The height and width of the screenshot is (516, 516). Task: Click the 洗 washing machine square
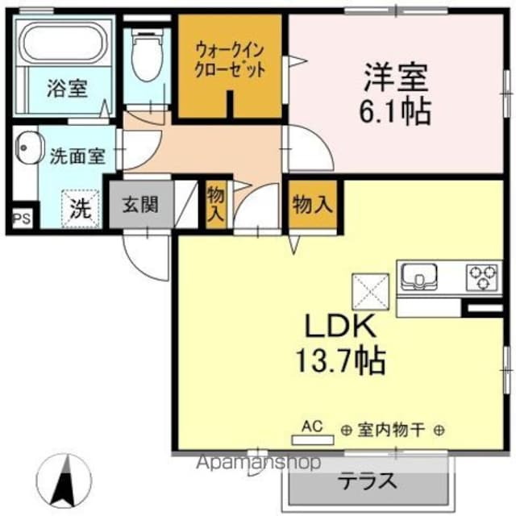coord(80,208)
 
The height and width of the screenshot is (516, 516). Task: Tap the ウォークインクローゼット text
coord(229,60)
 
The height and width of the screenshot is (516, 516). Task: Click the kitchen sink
coord(419,277)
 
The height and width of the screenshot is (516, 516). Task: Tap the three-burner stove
coord(482,276)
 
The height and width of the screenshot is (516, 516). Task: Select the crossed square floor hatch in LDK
coord(367,287)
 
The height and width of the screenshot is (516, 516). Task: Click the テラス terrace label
coord(367,481)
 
